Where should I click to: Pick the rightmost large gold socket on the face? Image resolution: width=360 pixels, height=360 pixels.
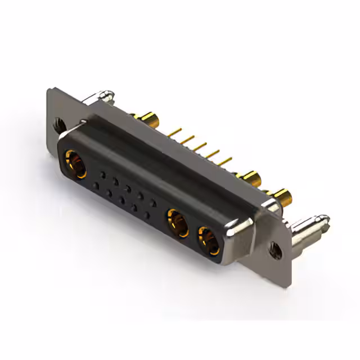coord(209,240)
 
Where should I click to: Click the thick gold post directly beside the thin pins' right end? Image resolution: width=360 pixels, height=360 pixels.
coord(250,179)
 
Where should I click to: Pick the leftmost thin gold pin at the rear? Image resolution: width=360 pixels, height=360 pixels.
coord(174,132)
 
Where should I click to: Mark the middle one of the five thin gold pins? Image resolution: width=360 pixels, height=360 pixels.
coord(199,147)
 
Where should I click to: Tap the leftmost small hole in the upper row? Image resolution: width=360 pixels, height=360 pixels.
coord(102,173)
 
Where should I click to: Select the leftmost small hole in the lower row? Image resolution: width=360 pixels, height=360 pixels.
coord(96,185)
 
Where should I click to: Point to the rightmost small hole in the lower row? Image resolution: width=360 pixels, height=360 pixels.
coord(147,215)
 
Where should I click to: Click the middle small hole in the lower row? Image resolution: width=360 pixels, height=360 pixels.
coord(121,200)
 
